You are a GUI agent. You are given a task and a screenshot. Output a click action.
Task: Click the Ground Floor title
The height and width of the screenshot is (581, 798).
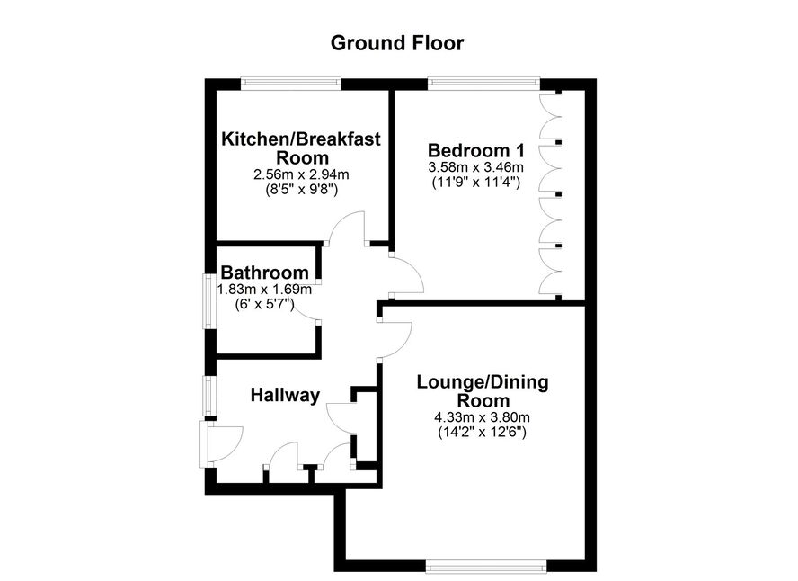[397, 43]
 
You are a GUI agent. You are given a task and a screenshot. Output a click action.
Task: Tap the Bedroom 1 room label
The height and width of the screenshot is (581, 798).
[476, 150]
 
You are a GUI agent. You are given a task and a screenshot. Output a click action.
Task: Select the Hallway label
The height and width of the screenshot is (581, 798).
[285, 395]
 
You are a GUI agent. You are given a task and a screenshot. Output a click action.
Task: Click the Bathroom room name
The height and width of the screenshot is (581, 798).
[264, 273]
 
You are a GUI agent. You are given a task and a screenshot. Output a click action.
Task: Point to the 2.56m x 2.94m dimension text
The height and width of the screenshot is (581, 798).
[301, 174]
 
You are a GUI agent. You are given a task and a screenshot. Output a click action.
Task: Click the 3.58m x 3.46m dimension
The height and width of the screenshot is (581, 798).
[476, 167]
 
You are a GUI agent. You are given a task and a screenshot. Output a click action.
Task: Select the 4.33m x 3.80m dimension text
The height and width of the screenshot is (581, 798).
[482, 417]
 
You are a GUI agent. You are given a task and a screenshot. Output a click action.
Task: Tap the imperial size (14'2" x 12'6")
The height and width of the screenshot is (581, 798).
[482, 433]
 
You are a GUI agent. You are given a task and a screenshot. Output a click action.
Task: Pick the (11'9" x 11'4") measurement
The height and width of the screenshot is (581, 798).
[476, 182]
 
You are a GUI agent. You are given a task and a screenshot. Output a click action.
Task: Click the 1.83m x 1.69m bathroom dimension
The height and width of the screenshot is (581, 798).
[264, 290]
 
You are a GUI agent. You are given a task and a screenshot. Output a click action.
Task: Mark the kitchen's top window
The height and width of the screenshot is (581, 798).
[290, 83]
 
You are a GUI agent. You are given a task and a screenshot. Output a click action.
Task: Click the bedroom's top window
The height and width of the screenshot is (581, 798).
[483, 83]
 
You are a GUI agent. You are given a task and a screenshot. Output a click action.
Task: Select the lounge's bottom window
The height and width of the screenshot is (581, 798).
[486, 566]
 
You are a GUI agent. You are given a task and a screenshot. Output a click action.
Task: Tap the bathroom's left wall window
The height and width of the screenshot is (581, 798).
[209, 301]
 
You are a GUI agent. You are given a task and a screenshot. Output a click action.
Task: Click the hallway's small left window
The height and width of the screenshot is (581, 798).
[209, 395]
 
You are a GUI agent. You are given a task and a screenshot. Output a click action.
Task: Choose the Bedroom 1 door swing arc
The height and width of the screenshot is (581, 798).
[416, 267]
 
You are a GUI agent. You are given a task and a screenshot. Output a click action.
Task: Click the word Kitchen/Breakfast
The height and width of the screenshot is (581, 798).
[301, 139]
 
